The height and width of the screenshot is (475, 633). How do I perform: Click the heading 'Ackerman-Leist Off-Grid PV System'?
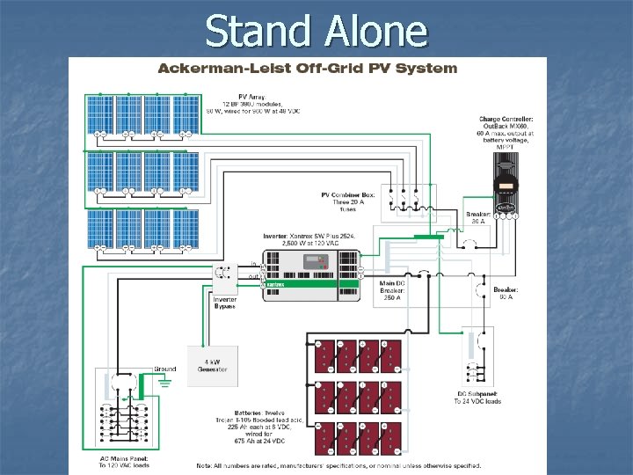pos(307,68)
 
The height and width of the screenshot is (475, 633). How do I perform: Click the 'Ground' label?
pos(164,369)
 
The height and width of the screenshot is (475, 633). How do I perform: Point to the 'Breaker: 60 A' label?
pos(506,293)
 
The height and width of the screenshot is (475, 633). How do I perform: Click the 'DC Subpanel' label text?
pos(477,396)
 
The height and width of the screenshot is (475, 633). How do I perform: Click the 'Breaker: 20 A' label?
pos(476,218)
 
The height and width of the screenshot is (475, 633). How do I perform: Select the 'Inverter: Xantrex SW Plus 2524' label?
pos(300,239)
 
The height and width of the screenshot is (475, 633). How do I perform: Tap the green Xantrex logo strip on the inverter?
pos(299,285)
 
